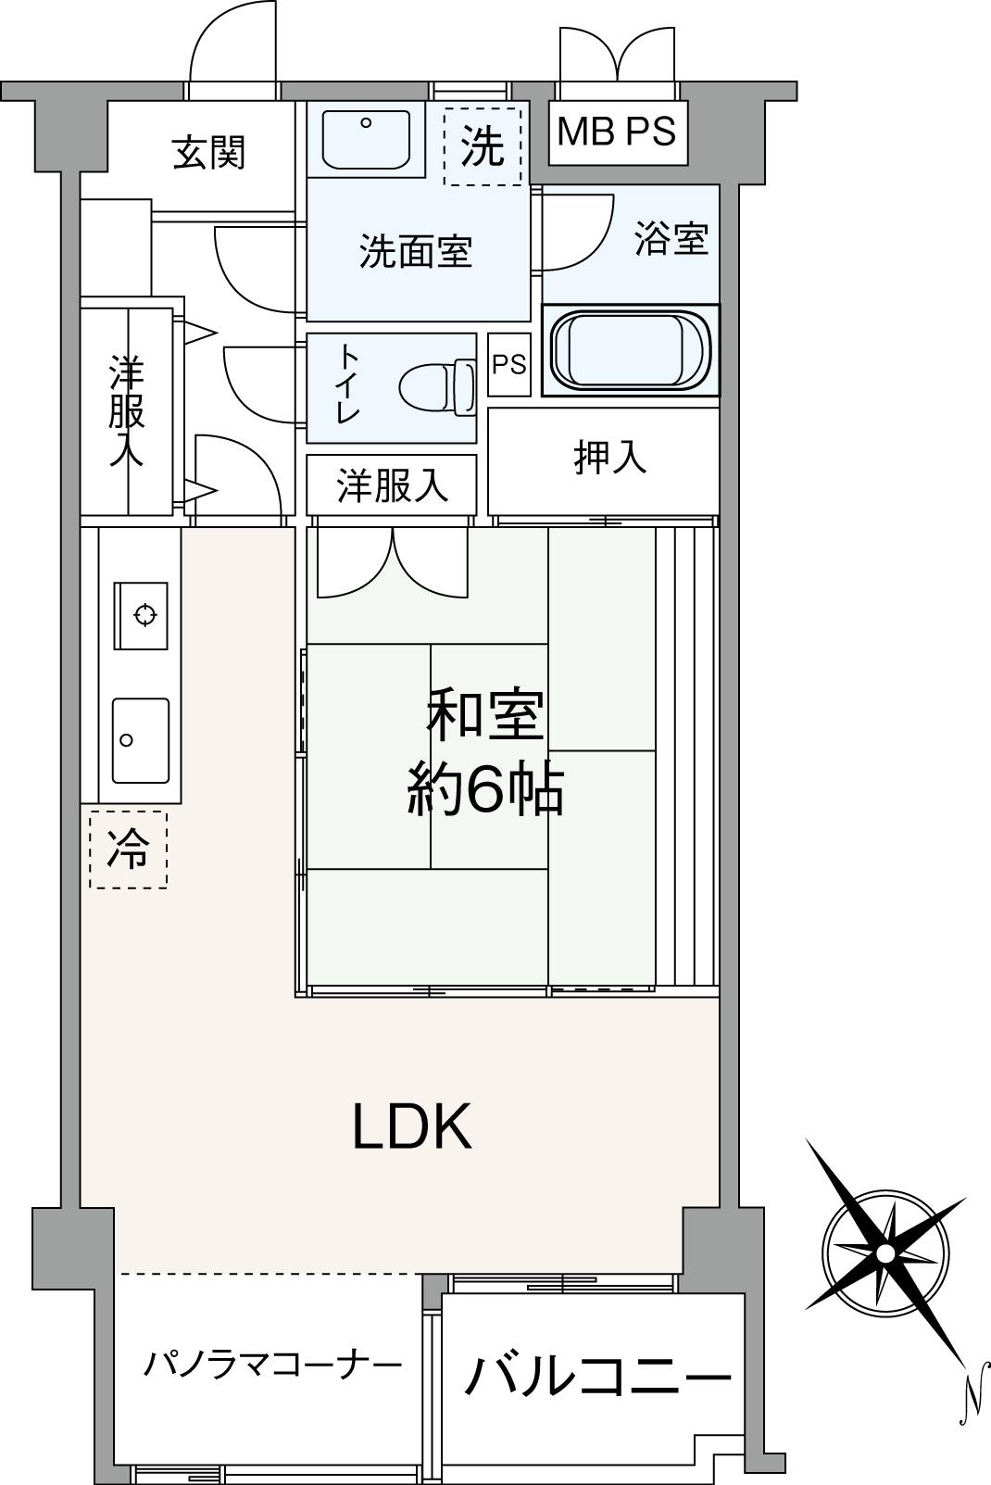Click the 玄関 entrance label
209,153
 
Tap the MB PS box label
616,132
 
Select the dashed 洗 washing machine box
483,146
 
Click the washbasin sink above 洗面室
366,140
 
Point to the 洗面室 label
416,251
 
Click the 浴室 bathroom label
671,239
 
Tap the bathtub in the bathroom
630,351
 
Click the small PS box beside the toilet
508,365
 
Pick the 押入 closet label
608,458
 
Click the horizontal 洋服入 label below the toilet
392,485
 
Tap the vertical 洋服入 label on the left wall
126,410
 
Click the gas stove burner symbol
144,614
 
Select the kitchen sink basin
141,739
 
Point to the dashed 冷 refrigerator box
128,849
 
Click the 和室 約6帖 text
484,753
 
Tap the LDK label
412,1126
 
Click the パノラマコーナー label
272,1364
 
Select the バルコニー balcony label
596,1377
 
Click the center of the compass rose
884,1252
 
